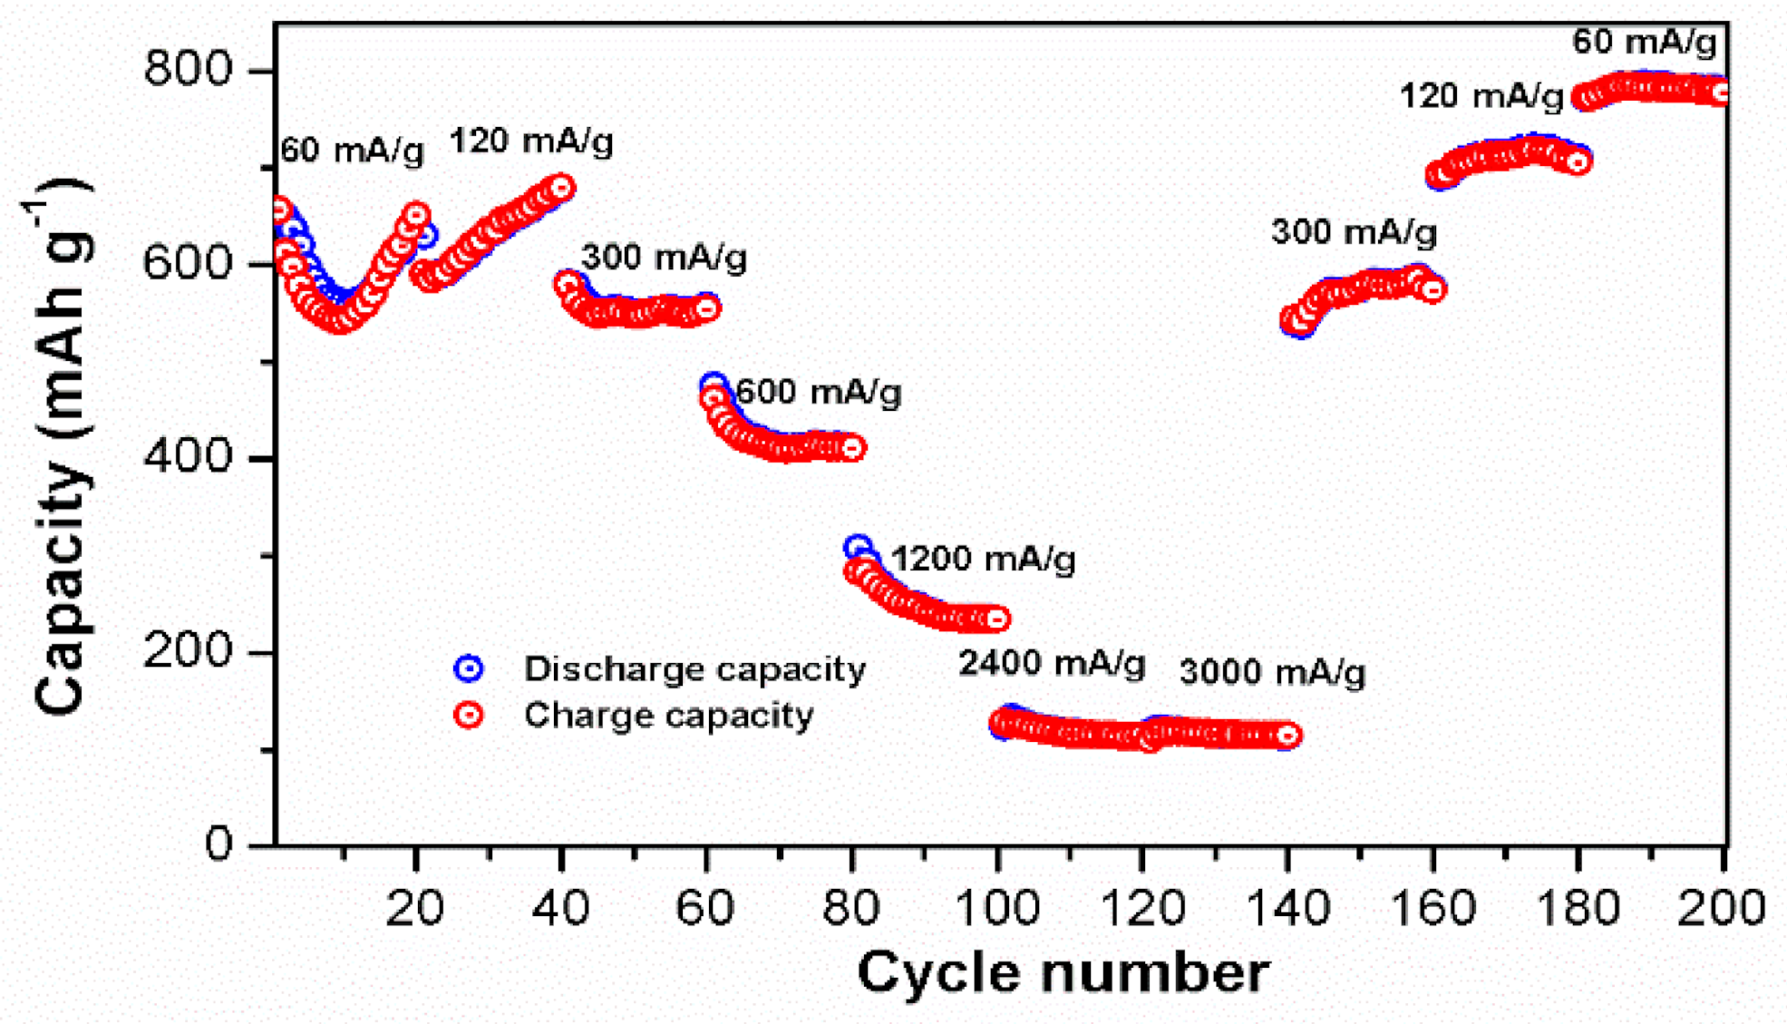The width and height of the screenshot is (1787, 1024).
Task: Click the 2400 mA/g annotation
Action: (x=1052, y=664)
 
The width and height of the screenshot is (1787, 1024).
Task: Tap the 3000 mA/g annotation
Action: (x=1272, y=673)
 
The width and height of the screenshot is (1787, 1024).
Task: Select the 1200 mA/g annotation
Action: (x=983, y=559)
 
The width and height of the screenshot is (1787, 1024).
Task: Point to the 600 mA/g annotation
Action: (x=818, y=392)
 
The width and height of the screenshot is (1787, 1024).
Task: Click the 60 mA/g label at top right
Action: (x=1644, y=42)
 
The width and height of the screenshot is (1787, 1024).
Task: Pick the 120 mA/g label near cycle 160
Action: (x=1481, y=95)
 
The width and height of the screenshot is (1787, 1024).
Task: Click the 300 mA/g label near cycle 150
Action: (x=1354, y=232)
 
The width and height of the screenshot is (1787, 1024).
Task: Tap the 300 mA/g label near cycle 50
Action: (x=664, y=258)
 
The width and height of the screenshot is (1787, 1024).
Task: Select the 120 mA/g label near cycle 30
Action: (x=531, y=141)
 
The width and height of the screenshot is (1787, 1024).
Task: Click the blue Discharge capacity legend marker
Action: (x=469, y=669)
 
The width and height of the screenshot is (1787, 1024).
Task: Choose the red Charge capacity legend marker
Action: (x=469, y=716)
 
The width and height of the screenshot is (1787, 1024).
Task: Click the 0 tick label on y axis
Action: (x=219, y=844)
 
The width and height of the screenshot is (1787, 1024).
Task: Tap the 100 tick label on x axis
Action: (x=997, y=907)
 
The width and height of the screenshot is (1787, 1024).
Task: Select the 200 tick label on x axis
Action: (x=1720, y=907)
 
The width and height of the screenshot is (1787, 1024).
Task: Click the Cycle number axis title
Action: (x=1062, y=973)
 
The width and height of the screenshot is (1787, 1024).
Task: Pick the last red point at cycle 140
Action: (x=1287, y=736)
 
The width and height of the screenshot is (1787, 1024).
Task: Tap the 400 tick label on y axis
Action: (x=189, y=456)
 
